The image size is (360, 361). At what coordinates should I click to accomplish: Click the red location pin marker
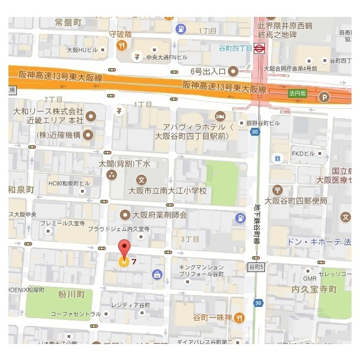(124, 250)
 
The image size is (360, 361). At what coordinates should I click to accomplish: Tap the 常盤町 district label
(68, 22)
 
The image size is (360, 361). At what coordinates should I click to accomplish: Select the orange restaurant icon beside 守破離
(122, 46)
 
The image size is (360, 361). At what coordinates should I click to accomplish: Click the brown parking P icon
(323, 97)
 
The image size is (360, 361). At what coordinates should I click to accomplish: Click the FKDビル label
(301, 153)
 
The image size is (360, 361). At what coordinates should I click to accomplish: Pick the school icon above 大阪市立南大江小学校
(142, 179)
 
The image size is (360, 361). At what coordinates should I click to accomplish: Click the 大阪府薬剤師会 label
(159, 214)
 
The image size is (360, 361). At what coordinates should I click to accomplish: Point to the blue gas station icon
(241, 218)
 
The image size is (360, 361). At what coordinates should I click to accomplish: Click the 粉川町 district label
(72, 294)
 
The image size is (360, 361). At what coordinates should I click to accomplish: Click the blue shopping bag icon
(156, 275)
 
